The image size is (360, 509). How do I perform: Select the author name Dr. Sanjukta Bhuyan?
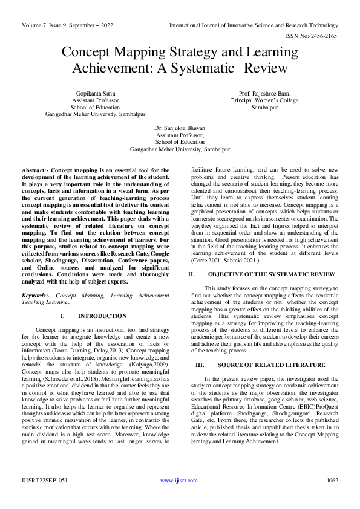tap(180, 129)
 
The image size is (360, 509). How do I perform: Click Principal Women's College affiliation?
tap(265, 100)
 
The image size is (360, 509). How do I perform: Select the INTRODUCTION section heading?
tap(102, 316)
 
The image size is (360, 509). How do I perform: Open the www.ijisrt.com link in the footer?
tap(179, 480)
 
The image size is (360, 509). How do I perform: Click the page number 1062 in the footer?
tap(332, 480)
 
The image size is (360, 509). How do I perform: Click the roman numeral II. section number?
tap(191, 274)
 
